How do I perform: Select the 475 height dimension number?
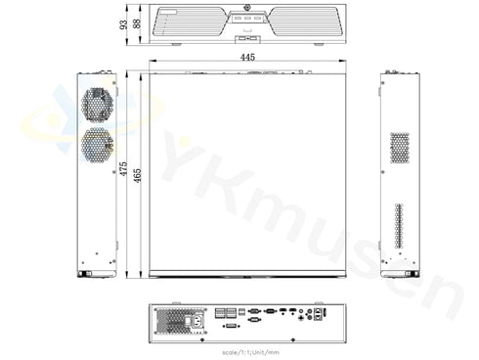pyautogui.click(x=123, y=169)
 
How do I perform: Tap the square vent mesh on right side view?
pyautogui.click(x=400, y=147)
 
